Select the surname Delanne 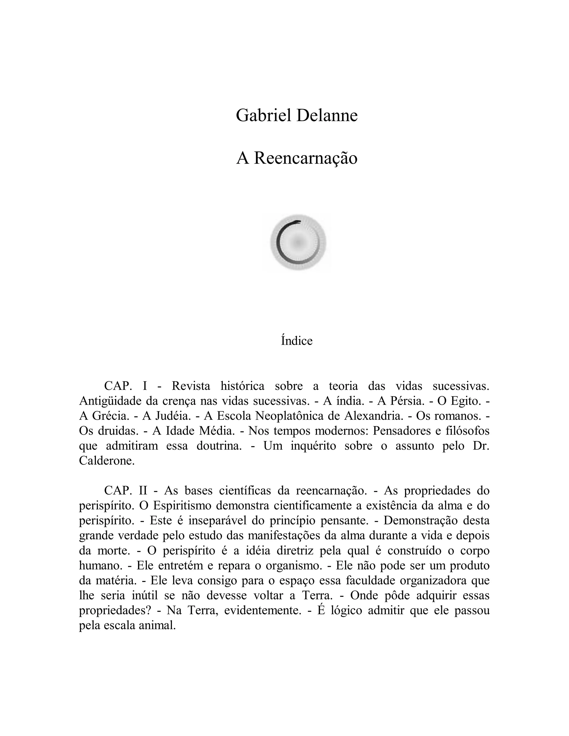tap(327, 115)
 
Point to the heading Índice tap(297, 341)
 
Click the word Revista tap(191, 386)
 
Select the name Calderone tap(106, 461)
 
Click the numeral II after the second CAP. tap(143, 491)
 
